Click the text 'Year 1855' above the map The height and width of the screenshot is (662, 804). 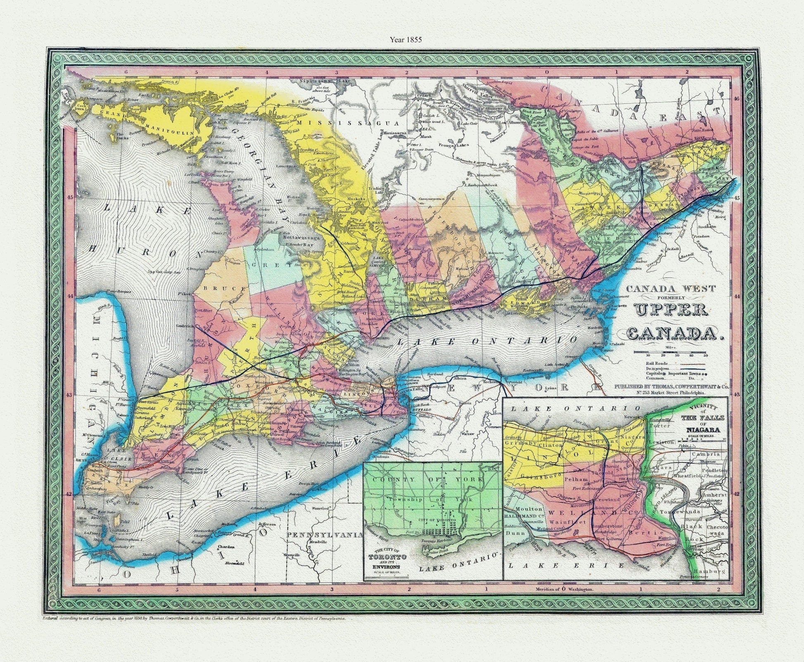[404, 40]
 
